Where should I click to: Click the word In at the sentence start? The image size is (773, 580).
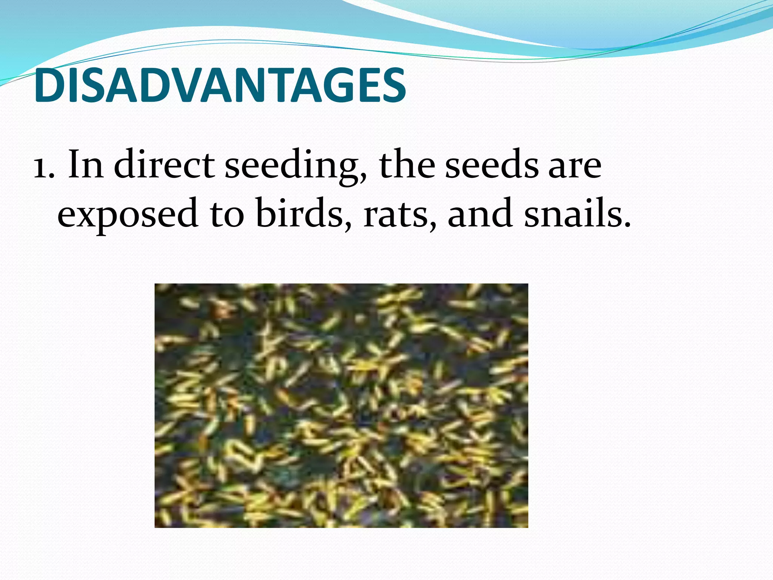[85, 165]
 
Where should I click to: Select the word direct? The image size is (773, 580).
[164, 165]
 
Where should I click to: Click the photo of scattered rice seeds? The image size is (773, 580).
[341, 406]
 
